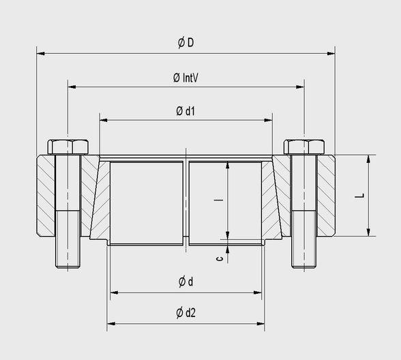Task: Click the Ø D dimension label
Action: [x=185, y=42]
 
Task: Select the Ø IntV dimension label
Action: [x=185, y=78]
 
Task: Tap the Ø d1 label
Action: [x=185, y=110]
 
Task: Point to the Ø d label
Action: [x=185, y=282]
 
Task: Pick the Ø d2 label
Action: [x=185, y=313]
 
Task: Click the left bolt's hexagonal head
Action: [x=68, y=147]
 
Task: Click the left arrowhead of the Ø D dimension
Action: [x=40, y=52]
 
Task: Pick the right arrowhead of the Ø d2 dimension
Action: [x=261, y=323]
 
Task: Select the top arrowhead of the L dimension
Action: [x=369, y=158]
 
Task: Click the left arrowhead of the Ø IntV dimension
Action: [x=72, y=87]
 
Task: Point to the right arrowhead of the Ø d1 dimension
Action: [x=269, y=120]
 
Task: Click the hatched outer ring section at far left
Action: [x=45, y=194]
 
